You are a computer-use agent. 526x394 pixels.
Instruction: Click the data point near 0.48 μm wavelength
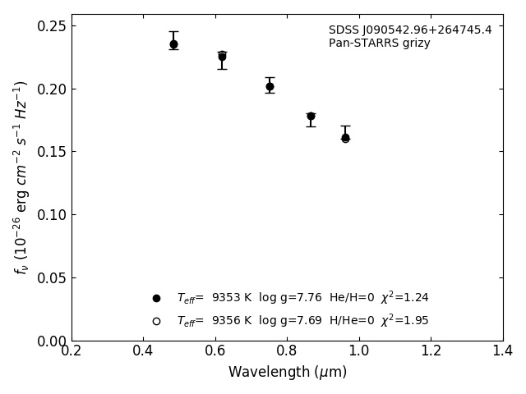[x=173, y=44]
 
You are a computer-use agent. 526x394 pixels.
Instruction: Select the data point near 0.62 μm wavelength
[x=222, y=57]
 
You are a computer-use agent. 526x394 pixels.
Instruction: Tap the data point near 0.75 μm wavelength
[x=270, y=86]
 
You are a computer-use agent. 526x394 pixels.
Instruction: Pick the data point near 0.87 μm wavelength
[x=311, y=117]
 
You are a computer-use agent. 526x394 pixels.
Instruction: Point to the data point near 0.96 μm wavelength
[x=345, y=138]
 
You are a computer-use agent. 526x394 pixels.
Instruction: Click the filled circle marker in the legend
[x=156, y=298]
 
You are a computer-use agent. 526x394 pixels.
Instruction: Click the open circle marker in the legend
[x=156, y=321]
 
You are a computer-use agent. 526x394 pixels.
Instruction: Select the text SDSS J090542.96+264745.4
[x=410, y=30]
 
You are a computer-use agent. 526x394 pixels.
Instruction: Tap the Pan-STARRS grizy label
[x=379, y=44]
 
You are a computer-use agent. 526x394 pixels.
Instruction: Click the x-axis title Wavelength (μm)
[x=287, y=373]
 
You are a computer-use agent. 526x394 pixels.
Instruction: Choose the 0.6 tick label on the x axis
[x=215, y=350]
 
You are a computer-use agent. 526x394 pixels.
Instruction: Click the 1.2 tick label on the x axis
[x=431, y=350]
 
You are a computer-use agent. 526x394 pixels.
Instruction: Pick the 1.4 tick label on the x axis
[x=502, y=350]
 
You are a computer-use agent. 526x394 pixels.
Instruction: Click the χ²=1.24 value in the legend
[x=404, y=298]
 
